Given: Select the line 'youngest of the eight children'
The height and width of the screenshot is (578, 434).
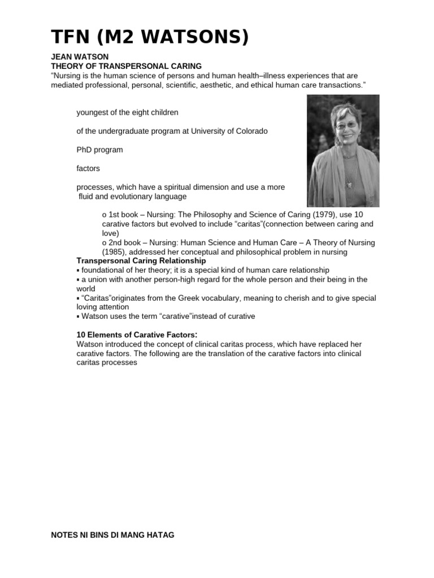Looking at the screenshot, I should point(127,112).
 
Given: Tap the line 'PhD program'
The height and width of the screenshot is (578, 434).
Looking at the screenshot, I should point(99,150).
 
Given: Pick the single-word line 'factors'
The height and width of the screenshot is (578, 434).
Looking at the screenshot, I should point(89,168).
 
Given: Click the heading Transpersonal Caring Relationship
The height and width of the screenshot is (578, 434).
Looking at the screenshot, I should point(141,261).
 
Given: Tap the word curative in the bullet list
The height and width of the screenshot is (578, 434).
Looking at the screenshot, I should point(240,316).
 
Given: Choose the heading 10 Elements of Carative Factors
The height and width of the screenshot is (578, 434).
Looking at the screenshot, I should point(136,335).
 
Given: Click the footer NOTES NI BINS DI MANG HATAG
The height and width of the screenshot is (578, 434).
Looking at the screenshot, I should point(113,535).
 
